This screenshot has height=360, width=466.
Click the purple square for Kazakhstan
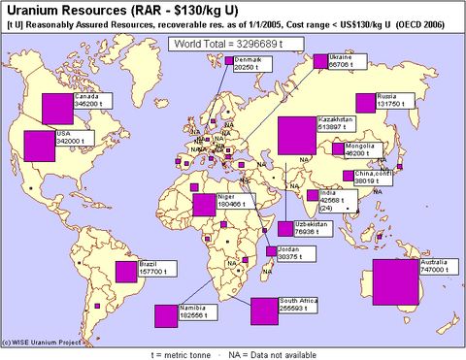(297, 136)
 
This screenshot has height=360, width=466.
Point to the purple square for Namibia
(166, 316)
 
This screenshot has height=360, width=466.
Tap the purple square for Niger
(204, 205)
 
